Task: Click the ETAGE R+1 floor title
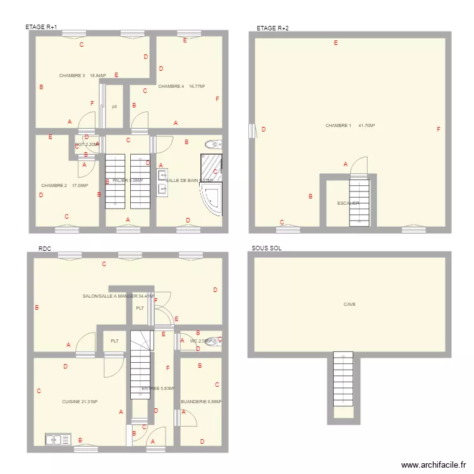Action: [x=41, y=27]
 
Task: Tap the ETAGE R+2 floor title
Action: [x=272, y=28]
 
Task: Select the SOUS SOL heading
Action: [x=266, y=248]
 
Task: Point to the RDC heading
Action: [x=44, y=249]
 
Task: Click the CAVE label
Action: [x=349, y=304]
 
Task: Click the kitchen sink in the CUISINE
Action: [x=57, y=439]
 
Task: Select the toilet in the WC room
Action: [x=214, y=342]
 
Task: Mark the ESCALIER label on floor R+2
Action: [x=348, y=204]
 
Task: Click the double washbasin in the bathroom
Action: [x=161, y=183]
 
